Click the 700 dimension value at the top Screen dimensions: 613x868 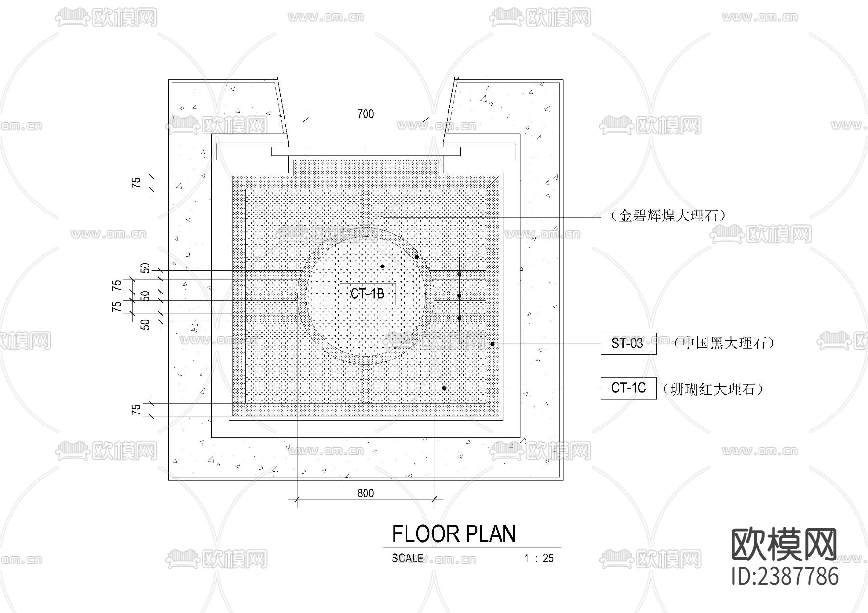pos(366,114)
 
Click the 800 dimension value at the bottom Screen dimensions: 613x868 pos(366,493)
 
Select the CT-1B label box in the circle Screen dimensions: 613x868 pos(367,294)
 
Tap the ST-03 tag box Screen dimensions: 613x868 pos(628,344)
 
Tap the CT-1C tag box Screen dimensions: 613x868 pos(628,388)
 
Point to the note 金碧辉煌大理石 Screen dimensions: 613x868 pos(668,215)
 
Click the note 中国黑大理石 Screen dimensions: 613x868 pos(724,343)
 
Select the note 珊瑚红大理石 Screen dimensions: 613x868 pos(713,389)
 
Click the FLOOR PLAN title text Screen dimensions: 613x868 pos(454,534)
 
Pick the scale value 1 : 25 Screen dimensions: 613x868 pos(539,559)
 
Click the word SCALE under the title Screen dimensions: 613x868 pos(407,558)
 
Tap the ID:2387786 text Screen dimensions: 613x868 pos(785,576)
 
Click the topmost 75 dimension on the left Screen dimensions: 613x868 pos(136,183)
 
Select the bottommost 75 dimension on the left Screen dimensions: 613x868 pos(136,410)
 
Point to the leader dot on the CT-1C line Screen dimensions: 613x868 pos(444,388)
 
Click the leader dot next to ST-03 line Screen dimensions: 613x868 pos(492,344)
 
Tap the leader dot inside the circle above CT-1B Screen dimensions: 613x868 pos(382,266)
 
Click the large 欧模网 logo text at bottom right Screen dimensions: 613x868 pos(785,545)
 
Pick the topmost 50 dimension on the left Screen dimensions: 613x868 pos(145,268)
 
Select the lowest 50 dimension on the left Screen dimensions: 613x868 pos(145,325)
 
